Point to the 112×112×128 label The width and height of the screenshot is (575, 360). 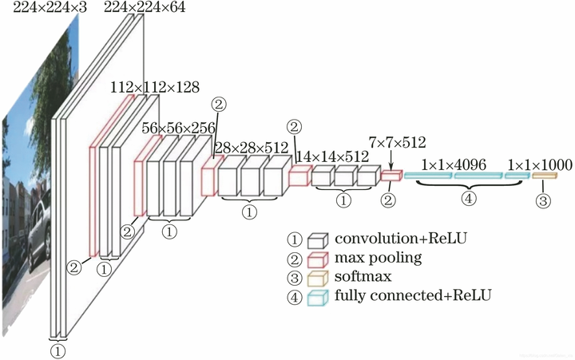pos(155,86)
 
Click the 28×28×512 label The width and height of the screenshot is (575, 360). pos(250,148)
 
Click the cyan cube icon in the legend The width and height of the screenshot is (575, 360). pos(319,298)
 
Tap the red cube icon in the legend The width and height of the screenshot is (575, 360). pos(319,259)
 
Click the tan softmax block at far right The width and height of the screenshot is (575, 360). pos(543,176)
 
